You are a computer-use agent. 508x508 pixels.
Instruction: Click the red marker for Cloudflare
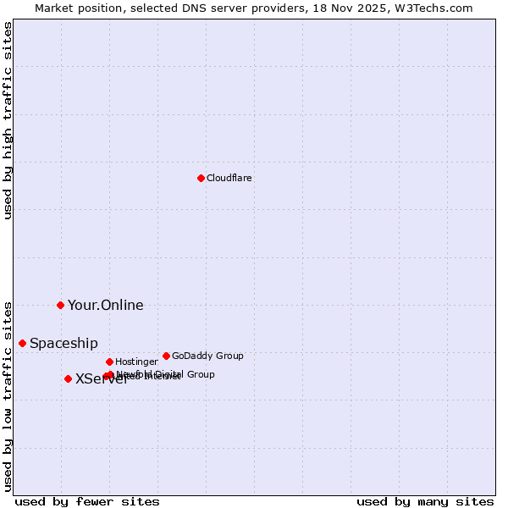[201, 178]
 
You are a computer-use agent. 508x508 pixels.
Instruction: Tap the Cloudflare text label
[229, 178]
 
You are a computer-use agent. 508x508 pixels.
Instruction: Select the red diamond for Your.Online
[60, 305]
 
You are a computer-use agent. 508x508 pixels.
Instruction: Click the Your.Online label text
[106, 306]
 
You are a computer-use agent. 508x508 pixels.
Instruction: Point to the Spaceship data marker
[22, 343]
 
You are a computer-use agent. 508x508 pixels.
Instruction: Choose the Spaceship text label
[63, 343]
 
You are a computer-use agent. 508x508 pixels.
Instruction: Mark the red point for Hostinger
[109, 362]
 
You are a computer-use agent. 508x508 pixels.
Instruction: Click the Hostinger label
[136, 362]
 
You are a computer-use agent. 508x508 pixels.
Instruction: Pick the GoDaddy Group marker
[166, 356]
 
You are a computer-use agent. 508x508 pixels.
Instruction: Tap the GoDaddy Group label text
[207, 356]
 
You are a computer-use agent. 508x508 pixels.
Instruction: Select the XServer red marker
[68, 378]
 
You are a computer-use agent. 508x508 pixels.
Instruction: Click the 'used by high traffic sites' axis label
[8, 120]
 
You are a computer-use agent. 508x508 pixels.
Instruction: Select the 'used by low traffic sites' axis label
[8, 395]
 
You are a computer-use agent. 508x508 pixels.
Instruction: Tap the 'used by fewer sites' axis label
[87, 501]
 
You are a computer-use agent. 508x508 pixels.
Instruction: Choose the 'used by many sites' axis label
[425, 501]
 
